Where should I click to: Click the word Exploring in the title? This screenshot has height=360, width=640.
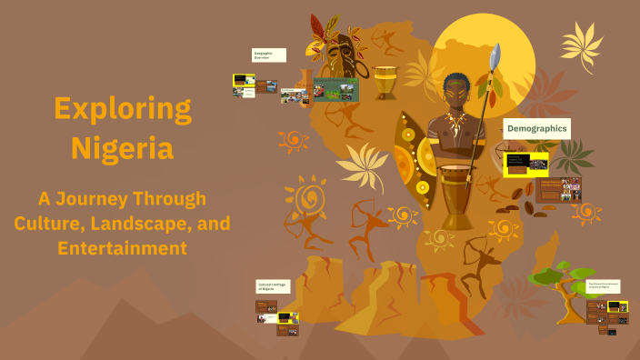click(x=123, y=110)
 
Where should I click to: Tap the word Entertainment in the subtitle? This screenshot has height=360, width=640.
click(x=123, y=247)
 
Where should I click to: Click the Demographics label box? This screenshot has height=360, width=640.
click(x=536, y=129)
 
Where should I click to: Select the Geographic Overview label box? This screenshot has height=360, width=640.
click(x=268, y=55)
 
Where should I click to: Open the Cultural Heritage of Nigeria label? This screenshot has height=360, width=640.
click(x=273, y=286)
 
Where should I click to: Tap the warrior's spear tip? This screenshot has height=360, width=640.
click(x=495, y=56)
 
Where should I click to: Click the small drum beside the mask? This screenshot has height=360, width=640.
click(x=385, y=83)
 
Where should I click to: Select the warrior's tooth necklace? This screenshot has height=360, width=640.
click(x=454, y=123)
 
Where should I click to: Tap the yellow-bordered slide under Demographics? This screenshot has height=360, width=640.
click(x=526, y=164)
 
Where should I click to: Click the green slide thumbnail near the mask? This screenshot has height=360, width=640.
click(x=335, y=89)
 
